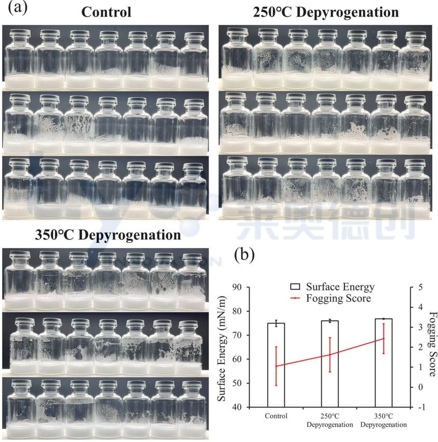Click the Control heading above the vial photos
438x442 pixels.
107,11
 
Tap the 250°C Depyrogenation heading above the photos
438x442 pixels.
326,11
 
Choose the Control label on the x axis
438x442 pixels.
276,416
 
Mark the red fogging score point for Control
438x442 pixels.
276,366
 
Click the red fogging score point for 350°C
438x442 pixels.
383,339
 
